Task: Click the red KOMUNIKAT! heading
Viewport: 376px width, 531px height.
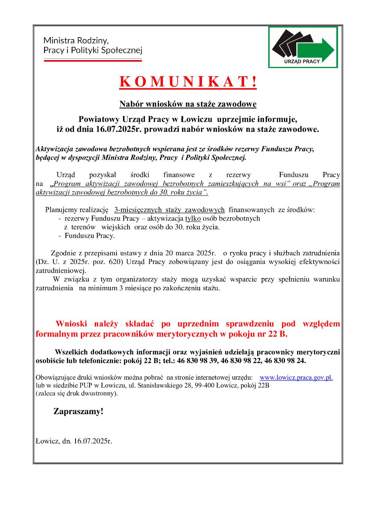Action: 188,82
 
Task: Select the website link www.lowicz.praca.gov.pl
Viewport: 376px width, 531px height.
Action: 296,378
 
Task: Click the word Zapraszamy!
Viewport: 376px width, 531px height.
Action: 78,412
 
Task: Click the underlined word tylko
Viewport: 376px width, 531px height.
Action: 193,218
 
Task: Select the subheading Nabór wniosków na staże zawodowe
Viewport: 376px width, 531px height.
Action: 188,104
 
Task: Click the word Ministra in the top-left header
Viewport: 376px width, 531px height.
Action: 58,40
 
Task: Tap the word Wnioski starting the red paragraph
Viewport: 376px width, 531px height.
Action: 72,324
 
